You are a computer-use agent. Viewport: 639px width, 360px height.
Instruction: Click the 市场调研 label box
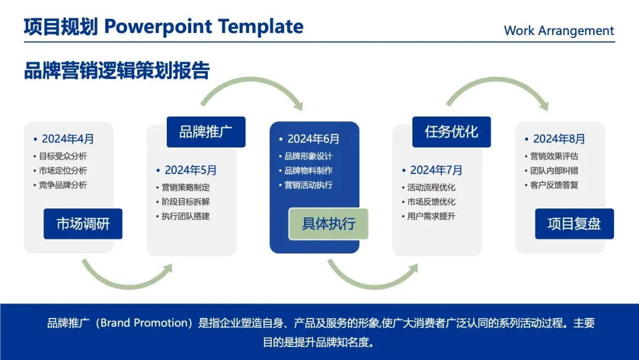pyautogui.click(x=83, y=223)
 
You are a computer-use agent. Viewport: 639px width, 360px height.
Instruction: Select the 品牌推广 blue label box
pyautogui.click(x=206, y=131)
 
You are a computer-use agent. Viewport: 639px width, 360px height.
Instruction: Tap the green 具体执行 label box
pyautogui.click(x=328, y=223)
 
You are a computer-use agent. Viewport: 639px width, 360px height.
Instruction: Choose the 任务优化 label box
pyautogui.click(x=451, y=131)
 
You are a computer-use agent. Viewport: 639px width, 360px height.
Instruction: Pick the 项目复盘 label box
pyautogui.click(x=574, y=223)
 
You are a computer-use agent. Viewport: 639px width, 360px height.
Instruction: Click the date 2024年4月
pyautogui.click(x=67, y=139)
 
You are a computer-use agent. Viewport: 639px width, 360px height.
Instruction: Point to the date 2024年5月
pyautogui.click(x=191, y=170)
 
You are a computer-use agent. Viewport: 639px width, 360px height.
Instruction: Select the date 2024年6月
pyautogui.click(x=314, y=139)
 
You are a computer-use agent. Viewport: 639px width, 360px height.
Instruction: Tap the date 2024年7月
pyautogui.click(x=436, y=170)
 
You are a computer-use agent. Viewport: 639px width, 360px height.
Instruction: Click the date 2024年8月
pyautogui.click(x=559, y=139)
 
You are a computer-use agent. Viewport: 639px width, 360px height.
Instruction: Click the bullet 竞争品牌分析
pyautogui.click(x=63, y=185)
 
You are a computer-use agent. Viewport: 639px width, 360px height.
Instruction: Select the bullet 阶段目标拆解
pyautogui.click(x=185, y=202)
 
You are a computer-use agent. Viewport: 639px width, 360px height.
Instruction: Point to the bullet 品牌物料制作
pyautogui.click(x=308, y=171)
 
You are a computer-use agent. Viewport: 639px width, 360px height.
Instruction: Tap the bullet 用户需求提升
pyautogui.click(x=431, y=217)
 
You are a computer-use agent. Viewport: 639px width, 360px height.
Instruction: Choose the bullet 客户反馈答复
pyautogui.click(x=554, y=185)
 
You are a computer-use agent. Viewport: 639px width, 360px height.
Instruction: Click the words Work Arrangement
pyautogui.click(x=559, y=31)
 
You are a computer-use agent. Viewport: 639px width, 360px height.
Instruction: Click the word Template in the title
pyautogui.click(x=261, y=27)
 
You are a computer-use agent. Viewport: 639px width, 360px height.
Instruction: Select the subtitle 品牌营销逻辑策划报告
pyautogui.click(x=117, y=70)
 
